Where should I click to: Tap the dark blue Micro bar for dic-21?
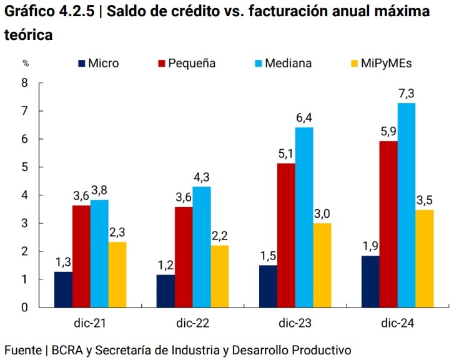click(x=63, y=289)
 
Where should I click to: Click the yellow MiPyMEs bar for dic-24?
click(x=424, y=258)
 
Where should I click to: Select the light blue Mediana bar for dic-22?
click(x=201, y=246)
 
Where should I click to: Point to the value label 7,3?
click(x=406, y=94)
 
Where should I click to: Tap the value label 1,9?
click(x=370, y=245)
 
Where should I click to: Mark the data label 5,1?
click(x=286, y=154)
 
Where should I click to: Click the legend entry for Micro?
click(x=98, y=63)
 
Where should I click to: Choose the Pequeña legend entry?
click(x=187, y=63)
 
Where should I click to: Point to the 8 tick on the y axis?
click(x=25, y=83)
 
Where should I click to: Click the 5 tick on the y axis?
click(x=25, y=167)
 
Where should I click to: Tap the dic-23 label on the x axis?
click(x=295, y=323)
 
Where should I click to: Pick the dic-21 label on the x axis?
click(x=90, y=323)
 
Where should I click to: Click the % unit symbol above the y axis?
click(x=26, y=63)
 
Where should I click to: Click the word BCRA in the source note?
click(x=67, y=349)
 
